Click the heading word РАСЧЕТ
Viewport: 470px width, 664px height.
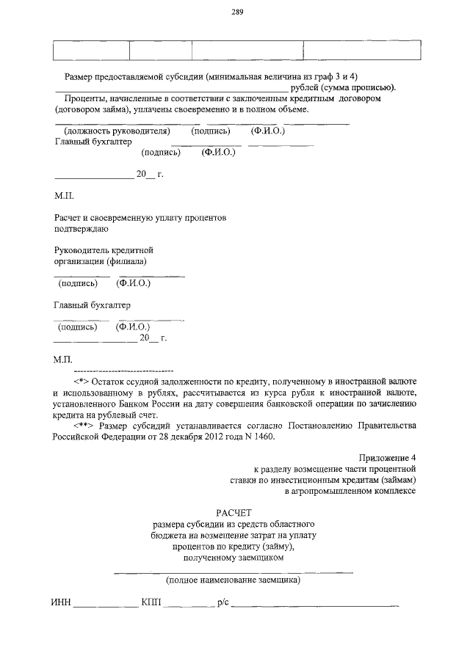click(234, 514)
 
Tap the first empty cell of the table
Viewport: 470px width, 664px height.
click(91, 50)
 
